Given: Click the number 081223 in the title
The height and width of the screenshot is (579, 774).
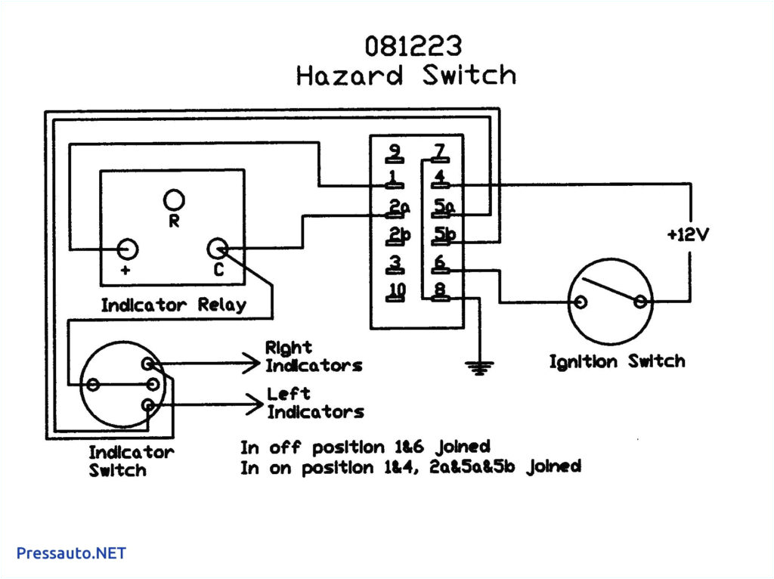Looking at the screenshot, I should click(413, 46).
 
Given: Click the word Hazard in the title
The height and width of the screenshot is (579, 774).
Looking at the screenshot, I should click(348, 76).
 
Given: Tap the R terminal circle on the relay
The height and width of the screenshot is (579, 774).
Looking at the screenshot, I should click(174, 200).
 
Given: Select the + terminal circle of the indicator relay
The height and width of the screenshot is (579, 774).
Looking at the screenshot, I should click(127, 249).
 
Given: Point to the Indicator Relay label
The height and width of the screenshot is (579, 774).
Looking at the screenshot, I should click(173, 305).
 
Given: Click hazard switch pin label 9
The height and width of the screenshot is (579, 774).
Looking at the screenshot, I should click(394, 152).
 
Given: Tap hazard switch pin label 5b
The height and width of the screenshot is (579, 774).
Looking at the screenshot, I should click(444, 235).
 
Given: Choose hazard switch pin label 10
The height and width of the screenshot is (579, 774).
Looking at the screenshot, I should click(397, 290).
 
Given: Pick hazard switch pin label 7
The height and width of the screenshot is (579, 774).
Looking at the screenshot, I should click(438, 152).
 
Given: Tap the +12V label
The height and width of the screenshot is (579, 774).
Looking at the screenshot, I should click(688, 235).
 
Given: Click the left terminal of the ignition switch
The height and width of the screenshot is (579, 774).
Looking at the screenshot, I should click(580, 303).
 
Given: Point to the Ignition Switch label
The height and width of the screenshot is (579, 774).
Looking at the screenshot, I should click(617, 361).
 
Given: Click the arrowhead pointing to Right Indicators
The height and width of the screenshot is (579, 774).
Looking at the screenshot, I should click(252, 364).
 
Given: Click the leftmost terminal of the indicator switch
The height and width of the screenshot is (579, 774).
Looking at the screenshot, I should click(93, 385).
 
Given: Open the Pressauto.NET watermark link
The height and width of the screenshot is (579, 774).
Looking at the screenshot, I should click(71, 553).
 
